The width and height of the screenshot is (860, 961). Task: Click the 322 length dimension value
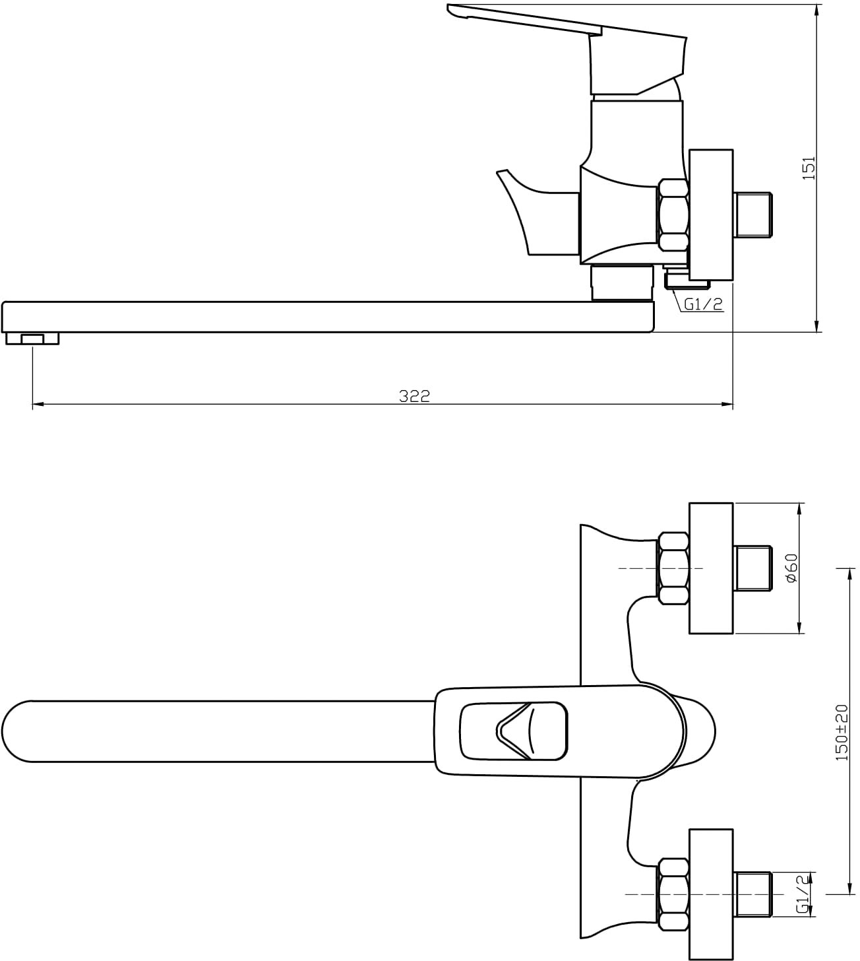pyautogui.click(x=414, y=396)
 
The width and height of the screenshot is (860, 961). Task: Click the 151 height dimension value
pyautogui.click(x=810, y=168)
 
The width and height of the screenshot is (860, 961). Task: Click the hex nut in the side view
pyautogui.click(x=673, y=215)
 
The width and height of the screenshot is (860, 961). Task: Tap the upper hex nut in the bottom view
pyautogui.click(x=673, y=568)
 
